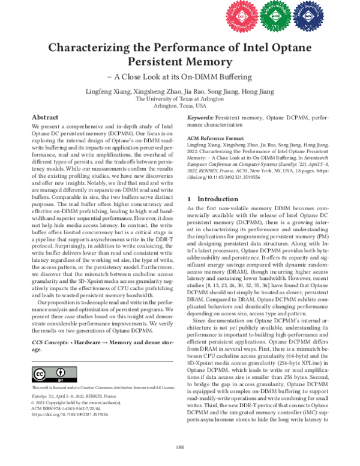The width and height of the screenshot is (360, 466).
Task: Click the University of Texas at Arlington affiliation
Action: click(x=180, y=98)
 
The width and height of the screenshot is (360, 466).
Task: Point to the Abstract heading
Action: click(x=45, y=118)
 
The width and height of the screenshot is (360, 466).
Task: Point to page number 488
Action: click(x=179, y=447)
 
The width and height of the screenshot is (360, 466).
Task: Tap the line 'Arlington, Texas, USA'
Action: click(x=180, y=106)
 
